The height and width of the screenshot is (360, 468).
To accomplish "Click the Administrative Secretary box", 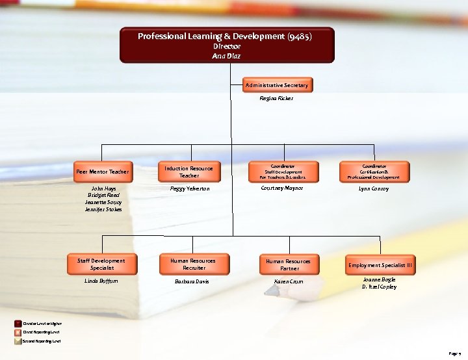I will click(277, 85).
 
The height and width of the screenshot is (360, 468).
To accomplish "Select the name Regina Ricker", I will click(276, 98).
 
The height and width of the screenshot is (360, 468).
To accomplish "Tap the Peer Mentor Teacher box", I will click(102, 172).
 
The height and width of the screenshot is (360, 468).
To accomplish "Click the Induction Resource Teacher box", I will click(188, 172).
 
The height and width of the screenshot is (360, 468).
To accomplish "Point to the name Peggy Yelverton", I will click(189, 188).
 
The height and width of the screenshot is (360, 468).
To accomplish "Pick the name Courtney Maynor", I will click(281, 188).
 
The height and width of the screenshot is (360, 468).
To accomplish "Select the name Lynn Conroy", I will click(374, 188).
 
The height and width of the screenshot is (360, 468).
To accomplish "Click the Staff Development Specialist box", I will click(101, 264).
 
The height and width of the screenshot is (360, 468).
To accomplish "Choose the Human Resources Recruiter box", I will click(193, 264).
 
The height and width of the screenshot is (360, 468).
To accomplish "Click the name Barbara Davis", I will click(192, 281).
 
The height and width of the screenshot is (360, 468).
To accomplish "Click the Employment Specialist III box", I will click(380, 265).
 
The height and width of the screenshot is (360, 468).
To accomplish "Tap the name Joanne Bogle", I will click(379, 279).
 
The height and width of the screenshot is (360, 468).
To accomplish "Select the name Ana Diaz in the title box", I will click(226, 56).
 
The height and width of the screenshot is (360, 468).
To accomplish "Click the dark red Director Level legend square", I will click(18, 323).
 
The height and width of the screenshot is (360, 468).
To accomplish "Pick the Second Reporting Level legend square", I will click(18, 340).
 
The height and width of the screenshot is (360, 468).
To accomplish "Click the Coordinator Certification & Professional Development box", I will click(374, 172).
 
